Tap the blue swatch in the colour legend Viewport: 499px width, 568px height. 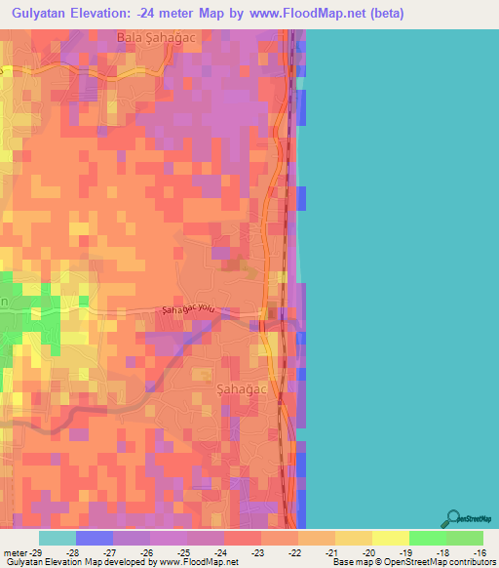94,538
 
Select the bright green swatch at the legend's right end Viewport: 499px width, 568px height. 465,538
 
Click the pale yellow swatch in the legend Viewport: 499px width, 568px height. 390,538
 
